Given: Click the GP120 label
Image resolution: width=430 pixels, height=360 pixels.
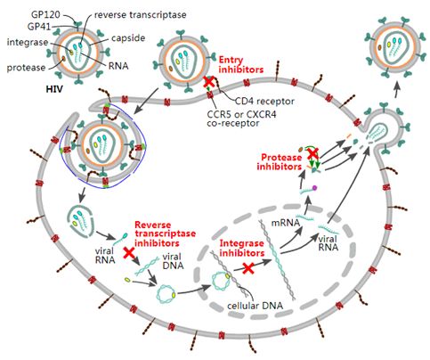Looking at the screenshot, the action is [45, 14].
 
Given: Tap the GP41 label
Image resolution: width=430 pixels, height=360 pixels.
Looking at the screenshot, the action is [39, 27].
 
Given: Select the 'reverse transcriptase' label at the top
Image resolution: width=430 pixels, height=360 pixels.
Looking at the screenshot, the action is [140, 15].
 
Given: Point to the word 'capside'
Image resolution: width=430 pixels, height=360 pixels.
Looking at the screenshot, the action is [128, 38].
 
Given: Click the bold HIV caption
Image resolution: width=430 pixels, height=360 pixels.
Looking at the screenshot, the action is [54, 89].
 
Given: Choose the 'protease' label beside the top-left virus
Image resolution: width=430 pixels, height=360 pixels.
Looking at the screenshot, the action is [26, 68].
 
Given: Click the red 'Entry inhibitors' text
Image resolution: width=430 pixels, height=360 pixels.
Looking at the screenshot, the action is [241, 65].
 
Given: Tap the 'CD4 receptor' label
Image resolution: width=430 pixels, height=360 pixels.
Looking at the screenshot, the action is [264, 101].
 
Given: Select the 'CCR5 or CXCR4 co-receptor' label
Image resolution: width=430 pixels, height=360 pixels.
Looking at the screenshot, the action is [241, 119].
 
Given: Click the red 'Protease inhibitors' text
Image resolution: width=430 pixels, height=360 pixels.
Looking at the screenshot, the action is [280, 162].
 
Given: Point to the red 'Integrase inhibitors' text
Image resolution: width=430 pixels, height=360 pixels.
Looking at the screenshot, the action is [242, 248].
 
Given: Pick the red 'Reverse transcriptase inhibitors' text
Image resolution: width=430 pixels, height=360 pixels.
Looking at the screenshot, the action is [165, 233].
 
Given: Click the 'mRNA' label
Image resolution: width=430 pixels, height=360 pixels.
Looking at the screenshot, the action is [286, 223].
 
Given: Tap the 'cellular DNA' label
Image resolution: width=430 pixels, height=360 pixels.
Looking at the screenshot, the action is [255, 306].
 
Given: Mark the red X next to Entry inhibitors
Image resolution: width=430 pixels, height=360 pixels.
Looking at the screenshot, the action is [208, 81].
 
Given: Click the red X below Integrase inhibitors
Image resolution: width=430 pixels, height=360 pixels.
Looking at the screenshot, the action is [248, 268].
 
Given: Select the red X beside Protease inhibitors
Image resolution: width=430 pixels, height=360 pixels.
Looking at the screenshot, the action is [312, 153].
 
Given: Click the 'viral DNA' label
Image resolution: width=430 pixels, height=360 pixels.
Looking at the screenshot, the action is [173, 261].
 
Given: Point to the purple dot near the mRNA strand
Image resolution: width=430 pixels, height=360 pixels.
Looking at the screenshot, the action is [314, 187].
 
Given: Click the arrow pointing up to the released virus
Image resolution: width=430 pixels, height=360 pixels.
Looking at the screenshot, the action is [395, 89].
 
